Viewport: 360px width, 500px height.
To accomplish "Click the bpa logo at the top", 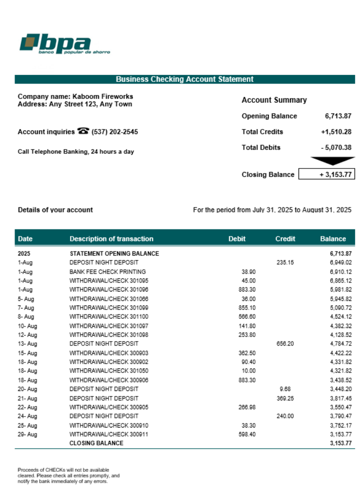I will point(64,44).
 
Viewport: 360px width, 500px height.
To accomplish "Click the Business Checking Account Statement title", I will point(184,79).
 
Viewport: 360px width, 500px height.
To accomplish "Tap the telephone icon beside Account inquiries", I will point(83,131).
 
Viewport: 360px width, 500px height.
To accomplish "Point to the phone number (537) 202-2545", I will point(115,132).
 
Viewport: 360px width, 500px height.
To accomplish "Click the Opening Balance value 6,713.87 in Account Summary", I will point(338,116).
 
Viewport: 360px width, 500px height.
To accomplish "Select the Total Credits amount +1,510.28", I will point(336,132).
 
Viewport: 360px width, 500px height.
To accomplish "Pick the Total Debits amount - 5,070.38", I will point(336,147).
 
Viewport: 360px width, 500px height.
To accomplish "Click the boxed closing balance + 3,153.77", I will point(326,174).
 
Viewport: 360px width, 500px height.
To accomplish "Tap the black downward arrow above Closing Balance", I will point(332,160).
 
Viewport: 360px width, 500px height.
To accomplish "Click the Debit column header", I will point(237,239).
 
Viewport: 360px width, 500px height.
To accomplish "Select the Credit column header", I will point(285,239).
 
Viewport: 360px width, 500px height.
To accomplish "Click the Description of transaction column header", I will point(111,239).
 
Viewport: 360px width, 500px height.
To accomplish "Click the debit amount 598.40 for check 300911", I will point(247,434).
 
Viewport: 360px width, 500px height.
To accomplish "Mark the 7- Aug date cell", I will point(26,308).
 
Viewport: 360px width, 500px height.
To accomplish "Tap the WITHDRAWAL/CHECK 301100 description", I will point(108,317).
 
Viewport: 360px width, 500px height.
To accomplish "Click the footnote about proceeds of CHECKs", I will point(68,475).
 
